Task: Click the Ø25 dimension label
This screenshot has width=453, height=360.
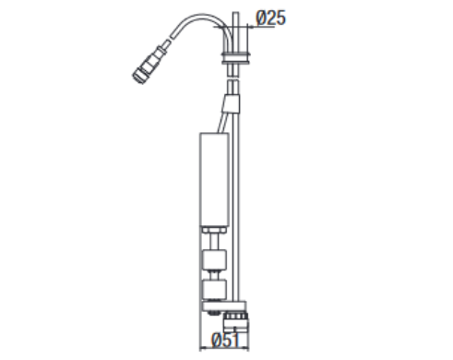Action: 270,18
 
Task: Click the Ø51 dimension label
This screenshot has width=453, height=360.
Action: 225,341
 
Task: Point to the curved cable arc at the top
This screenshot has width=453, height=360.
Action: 201,19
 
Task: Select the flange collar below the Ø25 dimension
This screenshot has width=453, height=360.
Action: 236,58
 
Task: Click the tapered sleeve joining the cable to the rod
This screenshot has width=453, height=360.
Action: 232,104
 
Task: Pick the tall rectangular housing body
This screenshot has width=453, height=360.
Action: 214,180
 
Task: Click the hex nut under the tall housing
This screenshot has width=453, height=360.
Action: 214,230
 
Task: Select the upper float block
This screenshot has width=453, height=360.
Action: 214,259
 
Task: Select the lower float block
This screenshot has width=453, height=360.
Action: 214,289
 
